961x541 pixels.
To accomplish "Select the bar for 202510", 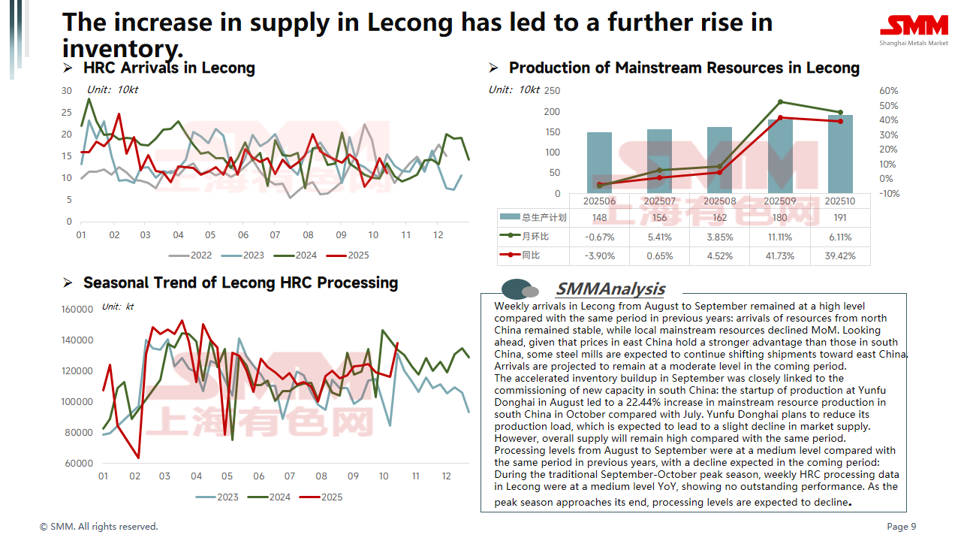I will [x=840, y=154].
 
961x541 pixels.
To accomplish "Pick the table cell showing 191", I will [x=840, y=218].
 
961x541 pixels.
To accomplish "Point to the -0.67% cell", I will [x=599, y=237].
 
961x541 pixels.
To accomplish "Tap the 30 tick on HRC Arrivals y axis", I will [x=67, y=91].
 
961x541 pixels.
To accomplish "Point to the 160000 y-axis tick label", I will [x=77, y=309].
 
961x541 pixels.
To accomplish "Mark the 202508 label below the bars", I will [x=719, y=201].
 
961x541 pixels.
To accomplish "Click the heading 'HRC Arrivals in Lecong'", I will [x=169, y=68].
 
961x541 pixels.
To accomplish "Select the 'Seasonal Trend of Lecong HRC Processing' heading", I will [x=240, y=283].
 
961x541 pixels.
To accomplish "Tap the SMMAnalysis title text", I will [x=610, y=289].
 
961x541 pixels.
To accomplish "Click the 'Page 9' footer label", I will [x=901, y=527].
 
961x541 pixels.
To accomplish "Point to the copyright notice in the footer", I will [x=99, y=527].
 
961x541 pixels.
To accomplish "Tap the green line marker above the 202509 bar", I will [x=780, y=101].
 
